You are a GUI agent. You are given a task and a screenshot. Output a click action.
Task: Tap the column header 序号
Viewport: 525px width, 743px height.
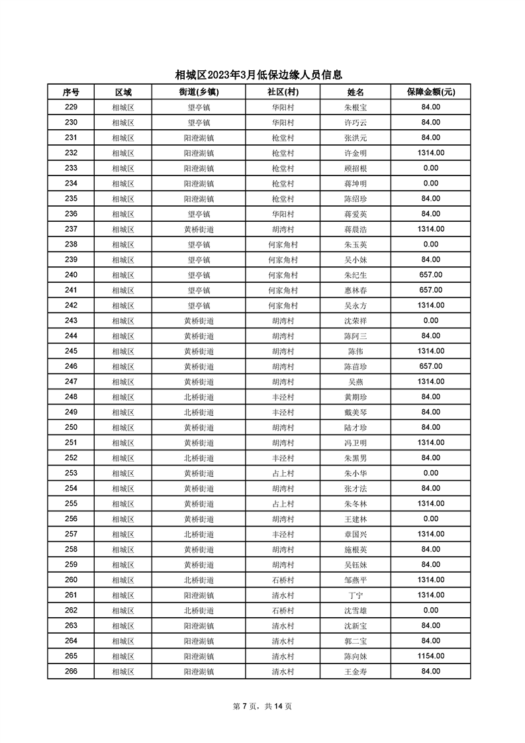point(71,92)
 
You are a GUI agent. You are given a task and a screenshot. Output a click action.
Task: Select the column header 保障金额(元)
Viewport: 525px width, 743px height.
point(431,92)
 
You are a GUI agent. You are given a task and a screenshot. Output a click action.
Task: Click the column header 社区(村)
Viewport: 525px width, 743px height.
point(283,92)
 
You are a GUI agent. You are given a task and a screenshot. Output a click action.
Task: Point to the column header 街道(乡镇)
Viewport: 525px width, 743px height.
point(199,92)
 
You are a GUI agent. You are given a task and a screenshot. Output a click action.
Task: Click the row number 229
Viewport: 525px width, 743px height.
point(71,107)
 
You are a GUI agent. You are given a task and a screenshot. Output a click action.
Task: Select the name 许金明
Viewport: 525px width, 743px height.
point(356,153)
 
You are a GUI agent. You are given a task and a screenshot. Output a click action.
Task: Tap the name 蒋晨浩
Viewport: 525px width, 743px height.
point(356,229)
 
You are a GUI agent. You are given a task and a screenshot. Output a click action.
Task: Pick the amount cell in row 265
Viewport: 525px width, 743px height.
point(431,656)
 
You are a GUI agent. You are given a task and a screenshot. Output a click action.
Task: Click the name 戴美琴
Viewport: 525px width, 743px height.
point(356,413)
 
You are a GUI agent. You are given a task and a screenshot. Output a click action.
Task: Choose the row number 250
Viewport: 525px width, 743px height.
point(71,428)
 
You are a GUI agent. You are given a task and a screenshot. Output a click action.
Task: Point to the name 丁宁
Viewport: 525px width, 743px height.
point(356,595)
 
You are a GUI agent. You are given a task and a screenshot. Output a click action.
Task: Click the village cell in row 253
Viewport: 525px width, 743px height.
point(283,473)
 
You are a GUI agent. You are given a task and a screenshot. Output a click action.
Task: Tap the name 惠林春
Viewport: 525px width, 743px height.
point(356,291)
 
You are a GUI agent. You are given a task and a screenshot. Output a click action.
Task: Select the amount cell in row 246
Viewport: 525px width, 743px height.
point(431,367)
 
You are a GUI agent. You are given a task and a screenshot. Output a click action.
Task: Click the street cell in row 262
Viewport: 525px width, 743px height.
point(199,611)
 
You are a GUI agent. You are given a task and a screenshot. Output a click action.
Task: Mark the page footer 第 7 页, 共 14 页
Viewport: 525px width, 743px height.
point(263,706)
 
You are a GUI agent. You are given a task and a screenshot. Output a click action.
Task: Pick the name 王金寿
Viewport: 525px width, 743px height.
point(356,671)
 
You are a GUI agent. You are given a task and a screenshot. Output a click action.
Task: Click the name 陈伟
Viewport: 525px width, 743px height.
point(356,352)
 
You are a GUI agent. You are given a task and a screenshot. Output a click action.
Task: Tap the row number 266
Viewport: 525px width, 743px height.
point(71,671)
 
